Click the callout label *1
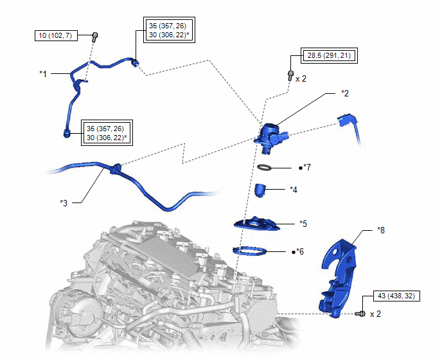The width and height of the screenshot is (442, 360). click(x=43, y=74)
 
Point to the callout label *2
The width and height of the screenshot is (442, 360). click(x=345, y=93)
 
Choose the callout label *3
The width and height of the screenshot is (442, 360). click(x=64, y=203)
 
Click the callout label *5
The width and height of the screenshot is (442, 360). click(x=303, y=224)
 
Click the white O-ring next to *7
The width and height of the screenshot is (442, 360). click(x=265, y=168)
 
